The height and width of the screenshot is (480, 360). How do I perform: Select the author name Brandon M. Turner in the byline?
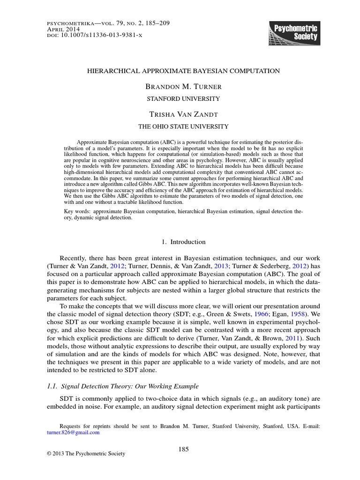click(183, 87)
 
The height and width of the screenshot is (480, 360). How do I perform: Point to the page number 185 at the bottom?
click(183, 449)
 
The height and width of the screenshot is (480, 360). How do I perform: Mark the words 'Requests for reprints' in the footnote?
click(88, 427)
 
